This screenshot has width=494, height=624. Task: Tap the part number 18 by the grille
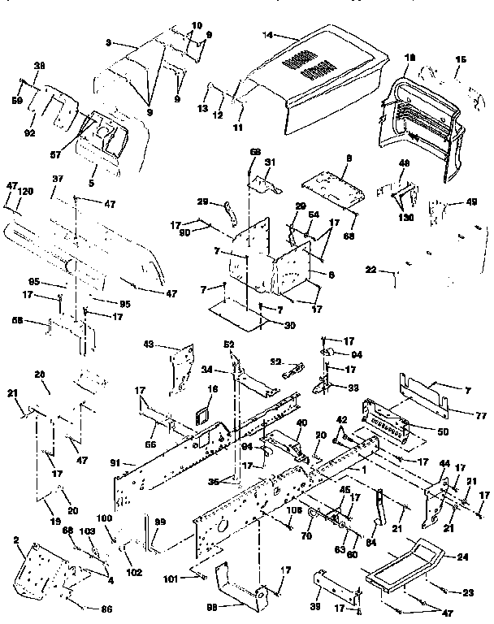coord(409,59)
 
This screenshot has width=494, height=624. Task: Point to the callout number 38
coord(38,66)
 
